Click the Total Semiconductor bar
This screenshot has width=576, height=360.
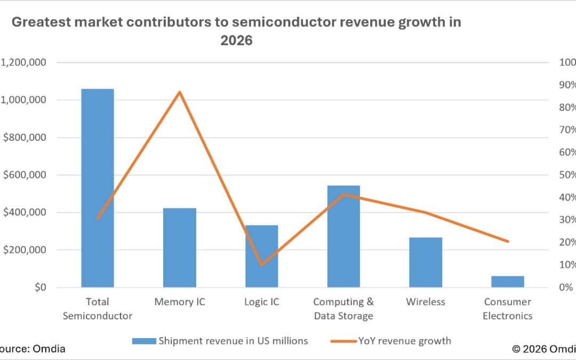pos(97,188)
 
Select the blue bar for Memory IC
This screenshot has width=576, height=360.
pos(179,247)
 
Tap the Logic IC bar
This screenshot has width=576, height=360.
pos(261,256)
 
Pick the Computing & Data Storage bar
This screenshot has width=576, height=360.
pos(343,236)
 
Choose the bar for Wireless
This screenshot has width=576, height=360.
pos(426,262)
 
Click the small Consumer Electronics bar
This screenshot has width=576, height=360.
pos(508,282)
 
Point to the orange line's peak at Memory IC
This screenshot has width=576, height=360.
pos(180,92)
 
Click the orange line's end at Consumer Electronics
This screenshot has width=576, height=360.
pos(508,242)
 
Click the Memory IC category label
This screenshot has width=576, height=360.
pos(180,302)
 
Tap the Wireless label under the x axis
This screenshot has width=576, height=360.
pos(426,302)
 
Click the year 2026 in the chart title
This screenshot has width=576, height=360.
pos(236,40)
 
